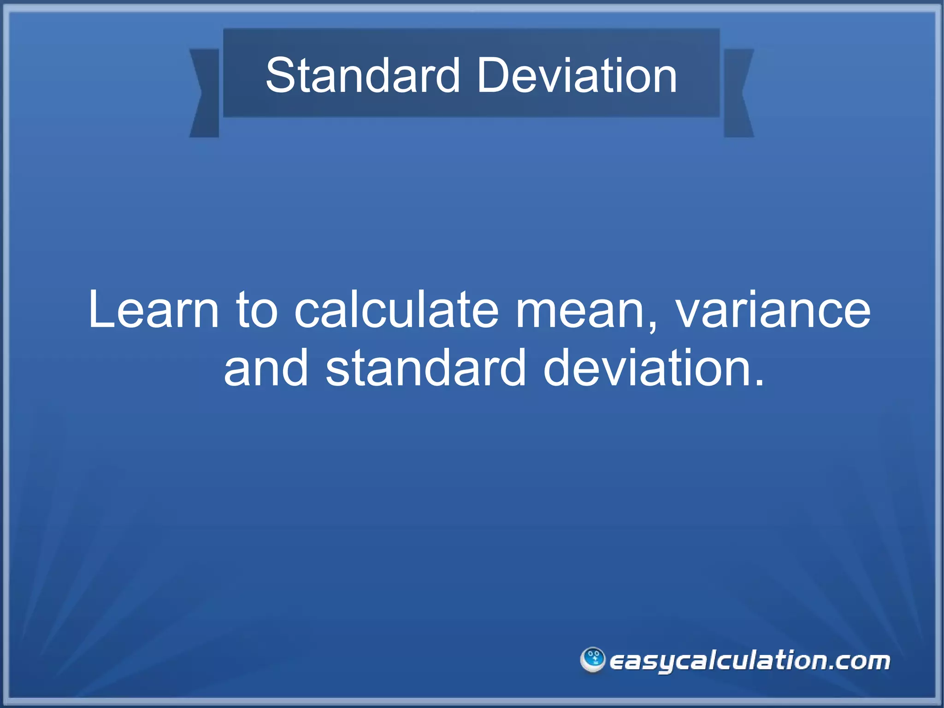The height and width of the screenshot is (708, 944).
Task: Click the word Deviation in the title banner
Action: pos(576,76)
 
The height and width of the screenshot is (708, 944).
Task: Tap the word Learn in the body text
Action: pos(153,309)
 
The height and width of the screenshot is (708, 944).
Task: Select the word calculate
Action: pos(396,309)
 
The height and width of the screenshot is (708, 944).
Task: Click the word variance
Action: pos(773,309)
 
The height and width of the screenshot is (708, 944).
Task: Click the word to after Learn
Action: pos(257,309)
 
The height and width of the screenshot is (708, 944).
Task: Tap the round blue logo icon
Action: pos(592,660)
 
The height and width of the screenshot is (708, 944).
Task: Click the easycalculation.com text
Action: pos(749,661)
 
